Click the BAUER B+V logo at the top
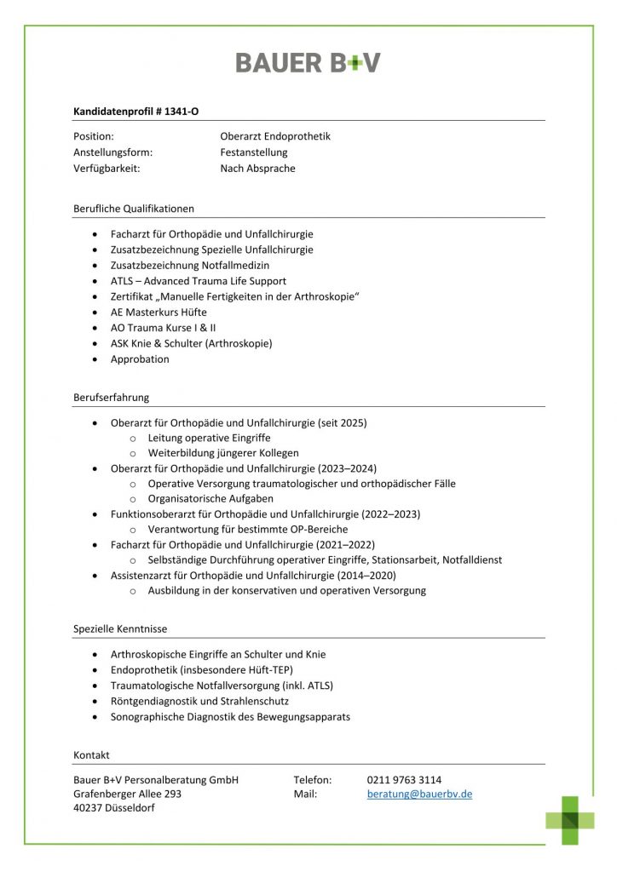click(308, 62)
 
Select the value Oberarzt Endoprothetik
click(274, 136)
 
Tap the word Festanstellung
click(254, 152)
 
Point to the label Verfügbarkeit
click(107, 169)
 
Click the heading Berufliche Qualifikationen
click(134, 208)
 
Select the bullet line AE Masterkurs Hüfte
click(159, 313)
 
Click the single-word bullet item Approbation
click(140, 359)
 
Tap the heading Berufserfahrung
click(112, 397)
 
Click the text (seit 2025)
click(342, 422)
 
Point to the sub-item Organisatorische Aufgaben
click(210, 499)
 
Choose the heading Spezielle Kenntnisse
click(120, 629)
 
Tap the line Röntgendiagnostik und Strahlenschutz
click(199, 701)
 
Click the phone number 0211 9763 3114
click(404, 780)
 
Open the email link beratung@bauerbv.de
click(419, 795)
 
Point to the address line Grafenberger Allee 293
click(128, 795)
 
